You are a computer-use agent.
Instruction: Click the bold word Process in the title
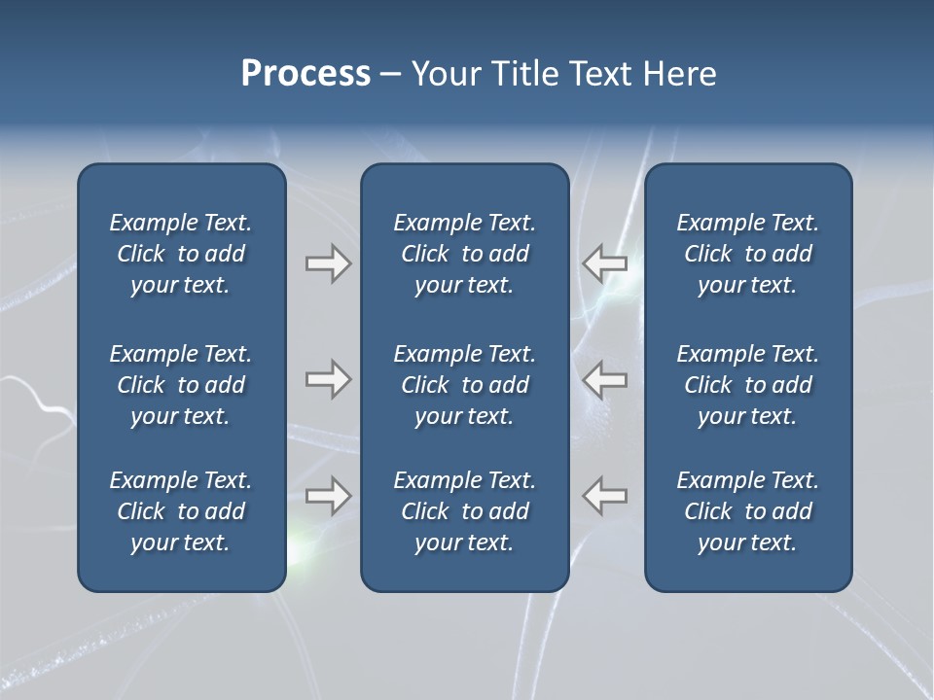tap(305, 74)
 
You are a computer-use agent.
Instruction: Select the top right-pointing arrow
tap(328, 263)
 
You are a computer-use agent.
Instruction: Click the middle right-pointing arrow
tap(328, 379)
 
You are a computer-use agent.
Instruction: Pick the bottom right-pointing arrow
tap(328, 496)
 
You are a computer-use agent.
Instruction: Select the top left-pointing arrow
tap(605, 263)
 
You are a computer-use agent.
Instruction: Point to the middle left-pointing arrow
tap(605, 379)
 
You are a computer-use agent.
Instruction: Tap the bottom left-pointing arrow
tap(605, 496)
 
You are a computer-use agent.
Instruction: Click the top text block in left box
tap(181, 254)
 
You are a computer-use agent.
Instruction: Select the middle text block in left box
tap(181, 385)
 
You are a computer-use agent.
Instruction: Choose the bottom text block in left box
tap(181, 511)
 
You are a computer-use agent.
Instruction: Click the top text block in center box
tap(465, 254)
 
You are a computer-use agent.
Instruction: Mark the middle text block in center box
tap(465, 385)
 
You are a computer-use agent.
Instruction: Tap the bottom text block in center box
tap(465, 511)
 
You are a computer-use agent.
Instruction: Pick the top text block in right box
tap(748, 254)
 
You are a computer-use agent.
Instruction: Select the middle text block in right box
tap(748, 385)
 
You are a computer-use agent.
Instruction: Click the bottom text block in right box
tap(748, 511)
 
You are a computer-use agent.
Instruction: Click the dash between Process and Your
tap(390, 75)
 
